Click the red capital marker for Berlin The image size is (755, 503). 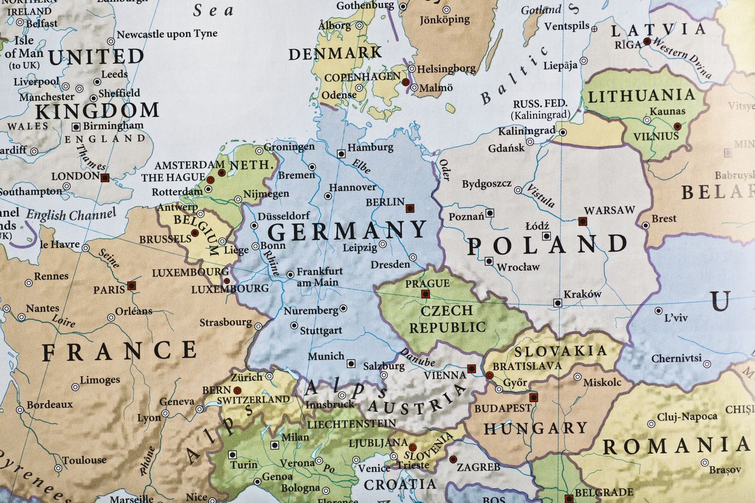410,208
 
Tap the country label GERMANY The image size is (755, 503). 347,231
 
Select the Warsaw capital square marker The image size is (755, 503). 583,221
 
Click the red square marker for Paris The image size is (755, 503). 132,285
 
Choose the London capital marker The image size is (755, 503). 105,177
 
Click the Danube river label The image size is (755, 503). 417,356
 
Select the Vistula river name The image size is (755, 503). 540,195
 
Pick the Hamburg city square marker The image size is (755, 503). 341,153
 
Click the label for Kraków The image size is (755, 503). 582,294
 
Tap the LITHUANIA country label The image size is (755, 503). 642,96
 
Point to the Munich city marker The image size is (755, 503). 351,363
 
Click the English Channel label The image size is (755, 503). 70,215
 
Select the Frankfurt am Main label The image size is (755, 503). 319,277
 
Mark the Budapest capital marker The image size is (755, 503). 534,397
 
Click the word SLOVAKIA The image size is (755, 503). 560,351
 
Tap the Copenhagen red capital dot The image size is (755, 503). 405,82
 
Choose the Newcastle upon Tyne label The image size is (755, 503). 167,34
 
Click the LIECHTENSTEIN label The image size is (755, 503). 351,423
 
